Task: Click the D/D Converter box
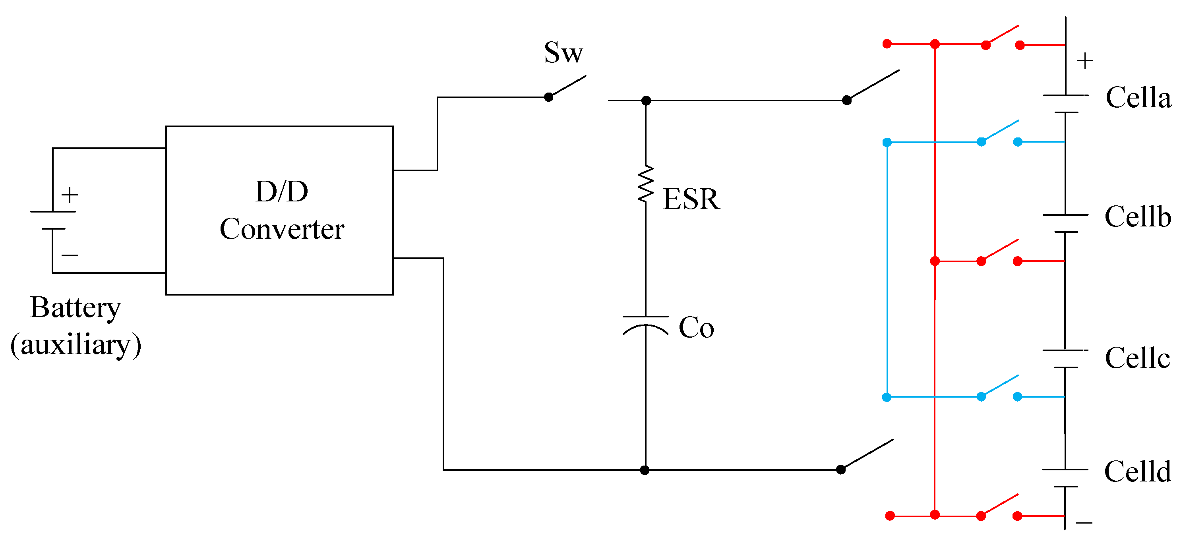[279, 210]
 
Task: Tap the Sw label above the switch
[563, 53]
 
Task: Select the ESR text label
[691, 199]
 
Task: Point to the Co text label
[696, 328]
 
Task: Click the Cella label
[1138, 98]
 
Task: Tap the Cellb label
[1137, 216]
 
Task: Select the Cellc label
[1137, 358]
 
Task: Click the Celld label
[1137, 472]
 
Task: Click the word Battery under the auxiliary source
[76, 307]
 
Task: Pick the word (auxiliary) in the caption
[76, 344]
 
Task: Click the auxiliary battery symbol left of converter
[53, 220]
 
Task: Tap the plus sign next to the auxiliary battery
[70, 195]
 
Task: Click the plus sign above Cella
[1085, 60]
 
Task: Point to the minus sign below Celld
[1084, 523]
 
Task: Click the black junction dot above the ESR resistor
[646, 101]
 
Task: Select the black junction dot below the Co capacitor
[645, 470]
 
